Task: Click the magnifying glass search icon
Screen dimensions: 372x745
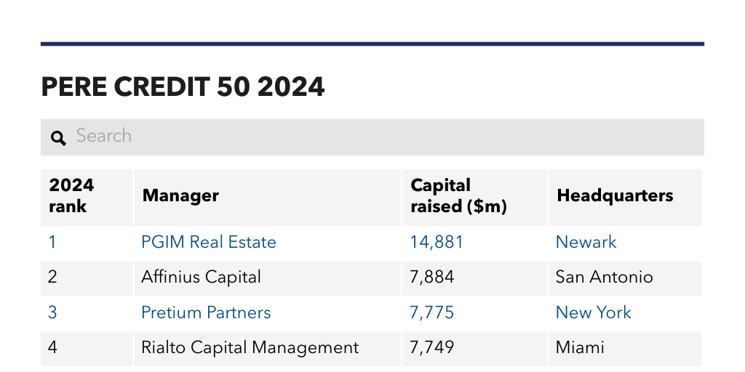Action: (58, 138)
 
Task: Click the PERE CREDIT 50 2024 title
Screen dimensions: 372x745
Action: (183, 87)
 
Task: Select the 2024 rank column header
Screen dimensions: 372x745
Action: (71, 195)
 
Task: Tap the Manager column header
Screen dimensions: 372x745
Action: (180, 195)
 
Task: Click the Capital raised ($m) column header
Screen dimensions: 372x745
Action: (458, 195)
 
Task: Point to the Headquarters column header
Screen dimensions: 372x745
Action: (615, 195)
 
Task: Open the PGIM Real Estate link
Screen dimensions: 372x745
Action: (209, 242)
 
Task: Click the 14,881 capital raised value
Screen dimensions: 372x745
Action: (437, 242)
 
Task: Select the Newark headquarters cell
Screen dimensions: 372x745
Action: (586, 242)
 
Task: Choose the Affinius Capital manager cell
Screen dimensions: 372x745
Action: (201, 277)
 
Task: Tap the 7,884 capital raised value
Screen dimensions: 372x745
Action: (432, 277)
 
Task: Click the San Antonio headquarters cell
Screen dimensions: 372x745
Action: (604, 277)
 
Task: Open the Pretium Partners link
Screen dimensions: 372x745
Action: (206, 312)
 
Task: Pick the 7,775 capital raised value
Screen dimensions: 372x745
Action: (432, 312)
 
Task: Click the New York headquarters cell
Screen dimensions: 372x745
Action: (593, 312)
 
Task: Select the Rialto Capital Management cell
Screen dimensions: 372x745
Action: (250, 347)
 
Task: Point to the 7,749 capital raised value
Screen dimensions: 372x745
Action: (432, 347)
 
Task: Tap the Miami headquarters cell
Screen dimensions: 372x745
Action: (580, 347)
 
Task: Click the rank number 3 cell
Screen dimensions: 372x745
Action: (52, 312)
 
